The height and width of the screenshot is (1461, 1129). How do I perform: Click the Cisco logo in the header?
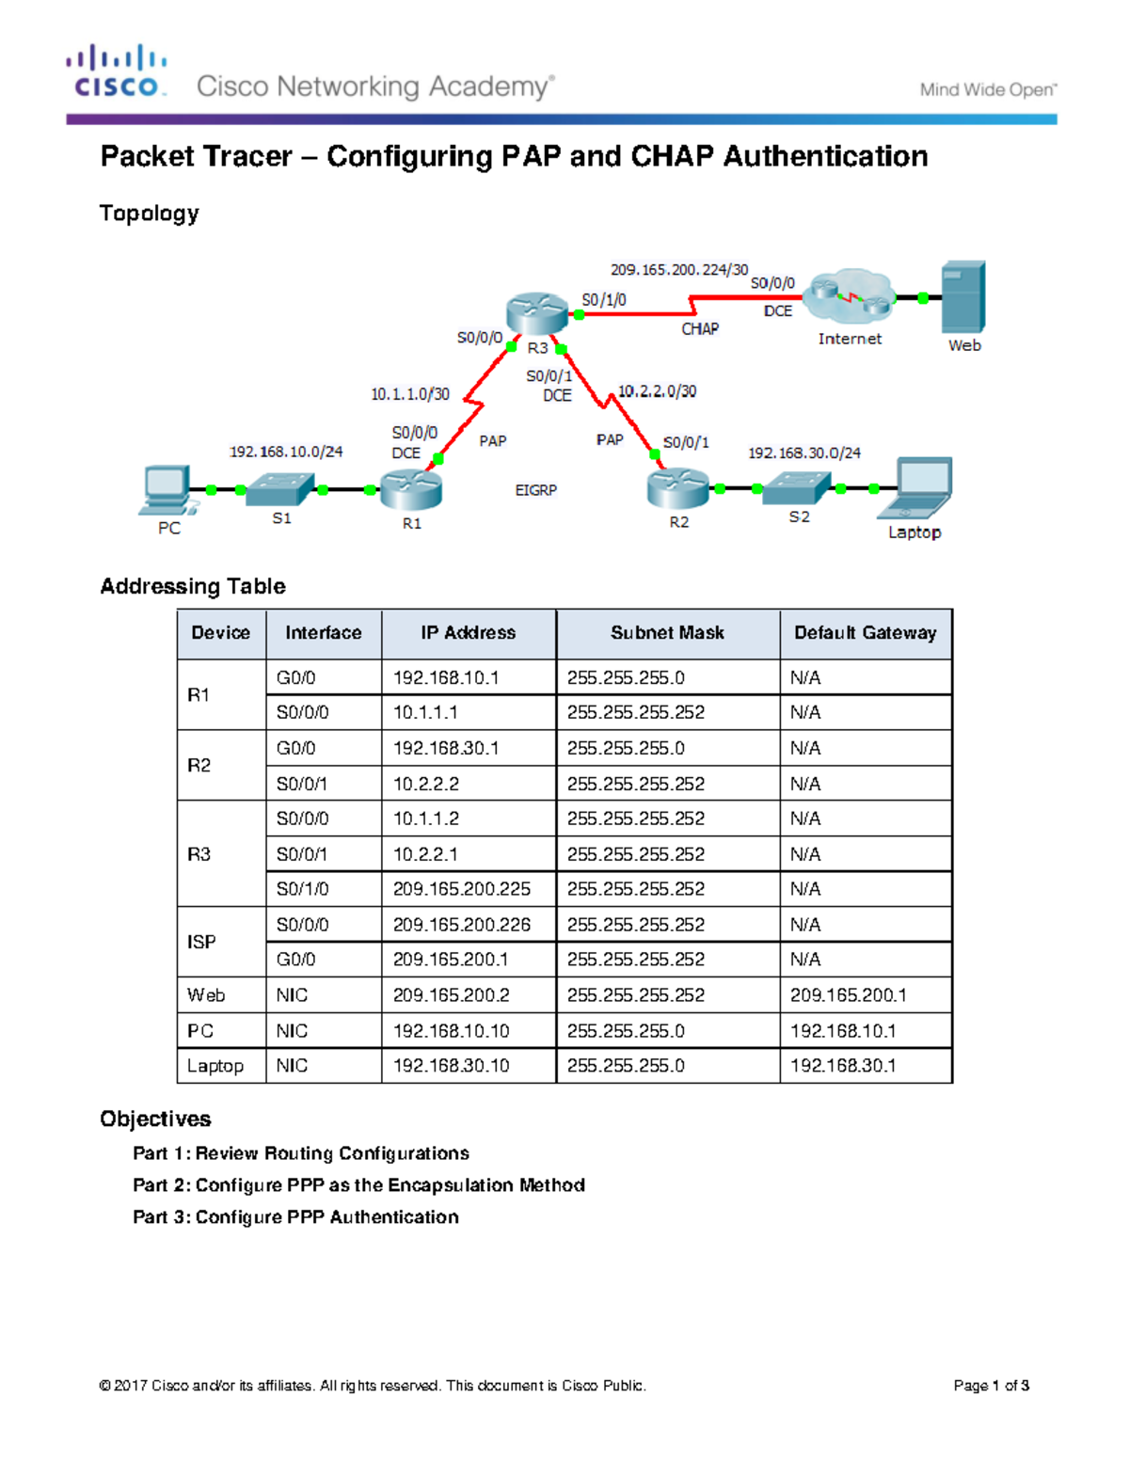tap(117, 71)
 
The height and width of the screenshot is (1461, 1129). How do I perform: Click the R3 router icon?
tap(537, 313)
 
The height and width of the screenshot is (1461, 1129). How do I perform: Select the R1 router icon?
tap(411, 488)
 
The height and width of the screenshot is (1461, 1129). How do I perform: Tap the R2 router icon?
tap(677, 487)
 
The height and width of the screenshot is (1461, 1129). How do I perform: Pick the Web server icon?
tap(963, 297)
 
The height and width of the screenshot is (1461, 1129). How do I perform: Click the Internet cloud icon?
tap(851, 295)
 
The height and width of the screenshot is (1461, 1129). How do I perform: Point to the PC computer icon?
tap(167, 490)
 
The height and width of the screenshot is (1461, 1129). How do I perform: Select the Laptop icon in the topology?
tap(916, 488)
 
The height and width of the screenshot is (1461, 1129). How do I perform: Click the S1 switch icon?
tap(280, 488)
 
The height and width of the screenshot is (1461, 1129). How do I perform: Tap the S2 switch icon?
tap(798, 487)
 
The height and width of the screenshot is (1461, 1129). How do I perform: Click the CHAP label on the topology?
tap(700, 329)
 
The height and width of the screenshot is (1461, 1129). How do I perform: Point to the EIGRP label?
tap(536, 490)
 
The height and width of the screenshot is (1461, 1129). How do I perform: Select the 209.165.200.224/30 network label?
tap(679, 270)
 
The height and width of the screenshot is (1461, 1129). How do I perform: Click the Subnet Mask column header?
tap(667, 633)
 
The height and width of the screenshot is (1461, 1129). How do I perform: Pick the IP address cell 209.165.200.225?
tap(462, 889)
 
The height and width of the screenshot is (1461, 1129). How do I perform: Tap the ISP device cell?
tap(201, 942)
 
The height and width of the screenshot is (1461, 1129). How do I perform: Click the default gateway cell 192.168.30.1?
tap(843, 1066)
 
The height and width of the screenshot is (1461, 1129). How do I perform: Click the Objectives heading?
tap(155, 1119)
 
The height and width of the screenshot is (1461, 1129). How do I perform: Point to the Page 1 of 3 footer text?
tap(991, 1386)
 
